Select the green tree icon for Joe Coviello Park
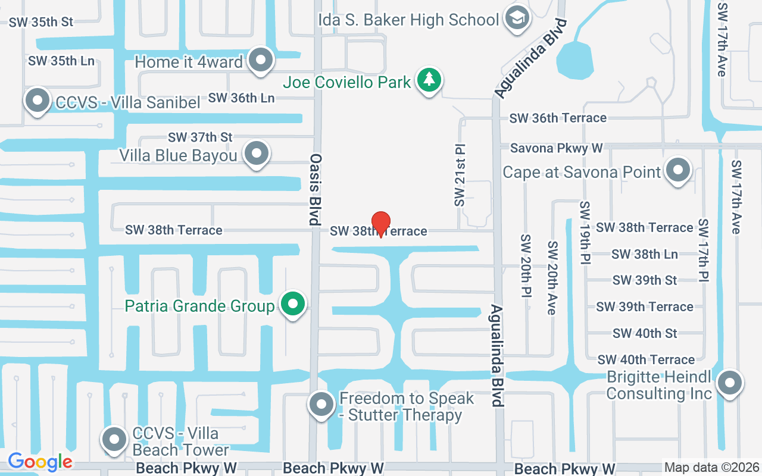click(x=428, y=79)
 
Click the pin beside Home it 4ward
click(x=260, y=59)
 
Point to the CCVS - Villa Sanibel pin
click(x=38, y=100)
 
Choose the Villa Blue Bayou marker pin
click(x=257, y=153)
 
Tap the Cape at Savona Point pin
click(x=677, y=170)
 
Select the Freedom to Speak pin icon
click(x=322, y=404)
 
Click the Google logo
click(x=40, y=461)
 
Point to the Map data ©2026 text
click(x=712, y=468)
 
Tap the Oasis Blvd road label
click(x=316, y=189)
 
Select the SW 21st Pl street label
click(x=459, y=175)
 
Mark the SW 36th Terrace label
click(x=558, y=118)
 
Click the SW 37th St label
click(x=200, y=137)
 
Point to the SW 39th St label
click(x=645, y=280)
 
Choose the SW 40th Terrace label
click(x=646, y=359)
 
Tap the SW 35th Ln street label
click(x=61, y=61)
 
